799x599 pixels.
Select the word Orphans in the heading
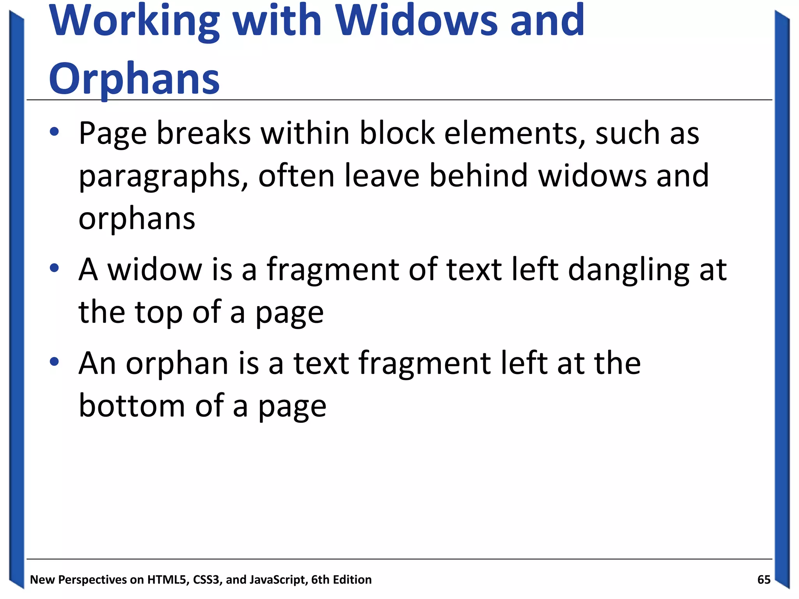tap(134, 79)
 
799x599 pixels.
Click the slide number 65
tap(763, 580)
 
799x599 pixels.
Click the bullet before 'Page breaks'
tap(54, 132)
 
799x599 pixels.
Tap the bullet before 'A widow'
tap(54, 268)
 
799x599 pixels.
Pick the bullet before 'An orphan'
tap(54, 362)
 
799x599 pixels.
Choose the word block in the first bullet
tap(397, 133)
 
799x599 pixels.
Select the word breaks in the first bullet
tap(204, 133)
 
